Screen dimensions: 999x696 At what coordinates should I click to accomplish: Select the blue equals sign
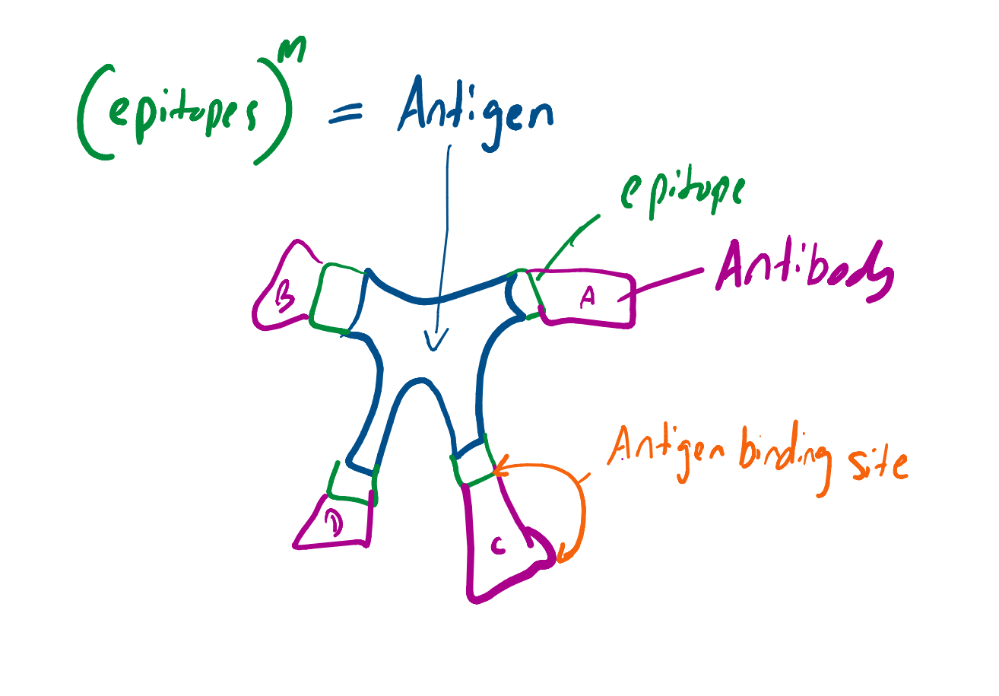click(346, 115)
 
